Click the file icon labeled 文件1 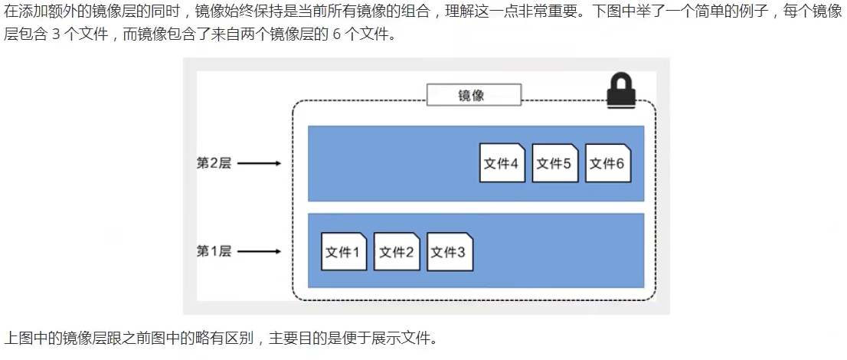(344, 252)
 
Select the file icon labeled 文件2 (397, 252)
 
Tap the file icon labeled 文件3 (450, 252)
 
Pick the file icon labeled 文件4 (502, 163)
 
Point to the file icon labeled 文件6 (608, 163)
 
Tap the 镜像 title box (473, 95)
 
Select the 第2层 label (214, 163)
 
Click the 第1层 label (214, 251)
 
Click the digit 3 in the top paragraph (57, 36)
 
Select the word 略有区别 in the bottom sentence (230, 338)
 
